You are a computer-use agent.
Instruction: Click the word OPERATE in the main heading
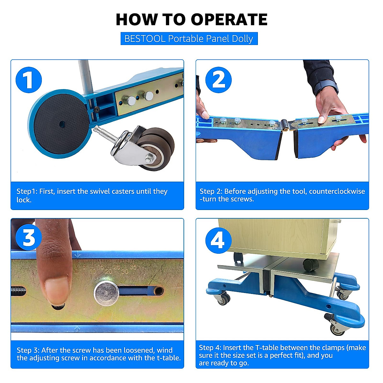point(229,19)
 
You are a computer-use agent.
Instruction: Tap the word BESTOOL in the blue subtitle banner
point(145,39)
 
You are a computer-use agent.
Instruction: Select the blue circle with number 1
point(29,80)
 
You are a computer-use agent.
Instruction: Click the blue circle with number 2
point(218,80)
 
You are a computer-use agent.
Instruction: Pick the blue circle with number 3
point(29,237)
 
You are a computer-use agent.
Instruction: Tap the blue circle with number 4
point(218,241)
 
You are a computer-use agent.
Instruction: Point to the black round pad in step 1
point(61,124)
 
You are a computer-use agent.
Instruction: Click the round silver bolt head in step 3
point(107,293)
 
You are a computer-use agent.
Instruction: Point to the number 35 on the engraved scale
point(133,267)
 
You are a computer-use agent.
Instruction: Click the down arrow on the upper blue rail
point(77,255)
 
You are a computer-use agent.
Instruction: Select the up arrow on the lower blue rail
point(77,329)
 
